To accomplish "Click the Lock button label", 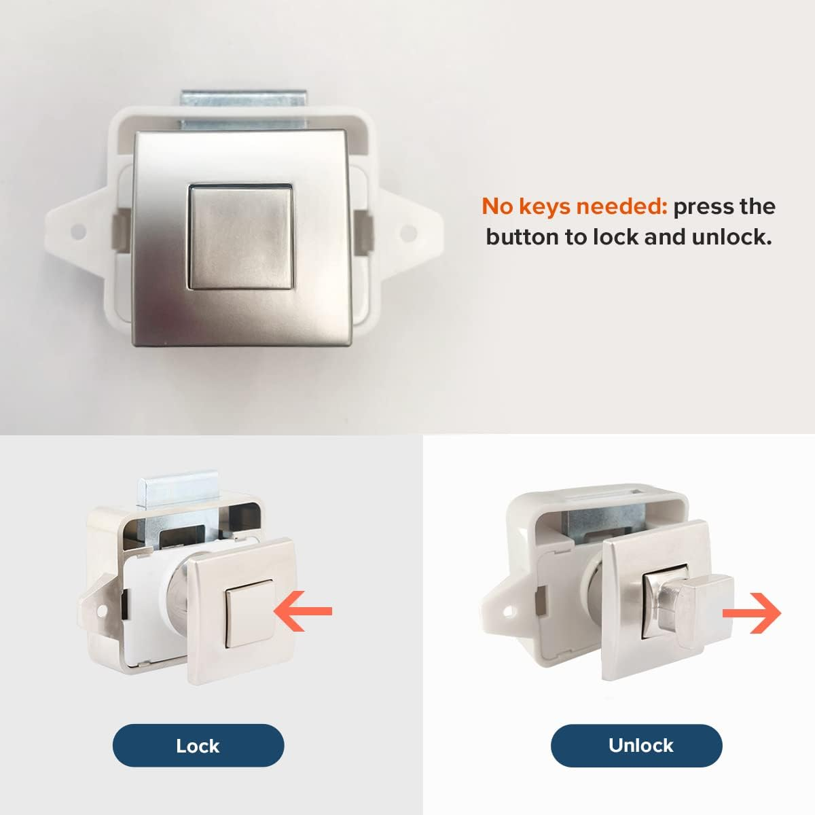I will point(198,746).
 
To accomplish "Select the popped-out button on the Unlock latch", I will point(706,601).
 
